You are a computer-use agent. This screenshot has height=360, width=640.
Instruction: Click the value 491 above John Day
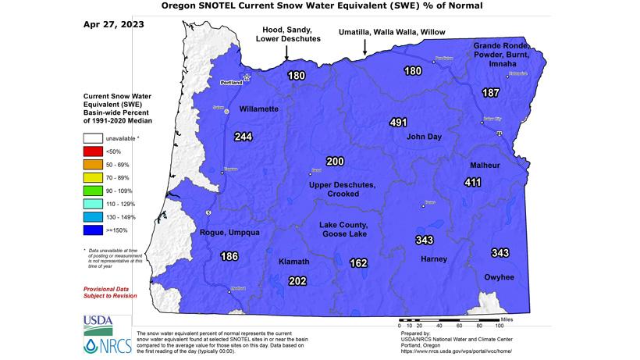(x=399, y=122)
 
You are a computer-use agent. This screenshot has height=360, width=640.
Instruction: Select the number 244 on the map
(x=244, y=137)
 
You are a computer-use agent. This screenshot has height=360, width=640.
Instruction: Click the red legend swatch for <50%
(x=94, y=150)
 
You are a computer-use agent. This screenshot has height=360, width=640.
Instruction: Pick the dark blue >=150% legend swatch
(x=94, y=230)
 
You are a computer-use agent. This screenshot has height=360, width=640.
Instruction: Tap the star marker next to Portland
(x=247, y=77)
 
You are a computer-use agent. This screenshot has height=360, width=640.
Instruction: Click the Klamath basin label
(x=294, y=262)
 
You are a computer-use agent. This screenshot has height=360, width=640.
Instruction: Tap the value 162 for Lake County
(x=358, y=263)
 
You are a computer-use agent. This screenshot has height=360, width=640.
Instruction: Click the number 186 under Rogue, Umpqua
(x=229, y=256)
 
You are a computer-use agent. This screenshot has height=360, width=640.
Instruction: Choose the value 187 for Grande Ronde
(x=490, y=93)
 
